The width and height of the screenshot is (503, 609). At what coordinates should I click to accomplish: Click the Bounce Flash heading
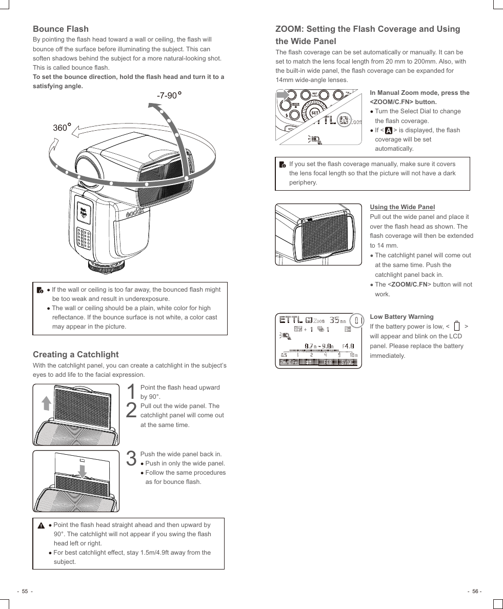(61, 29)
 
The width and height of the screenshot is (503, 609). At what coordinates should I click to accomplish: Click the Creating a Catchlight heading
(75, 354)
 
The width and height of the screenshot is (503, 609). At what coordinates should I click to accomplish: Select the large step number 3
(131, 459)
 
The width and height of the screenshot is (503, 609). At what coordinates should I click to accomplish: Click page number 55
(24, 591)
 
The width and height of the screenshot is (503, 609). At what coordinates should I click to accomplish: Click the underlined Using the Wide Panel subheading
(402, 207)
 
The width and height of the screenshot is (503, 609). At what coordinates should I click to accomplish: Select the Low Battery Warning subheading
(401, 317)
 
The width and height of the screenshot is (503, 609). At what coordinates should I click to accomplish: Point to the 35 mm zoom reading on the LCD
(337, 320)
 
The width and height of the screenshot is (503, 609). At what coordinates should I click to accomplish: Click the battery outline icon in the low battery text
(456, 327)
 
